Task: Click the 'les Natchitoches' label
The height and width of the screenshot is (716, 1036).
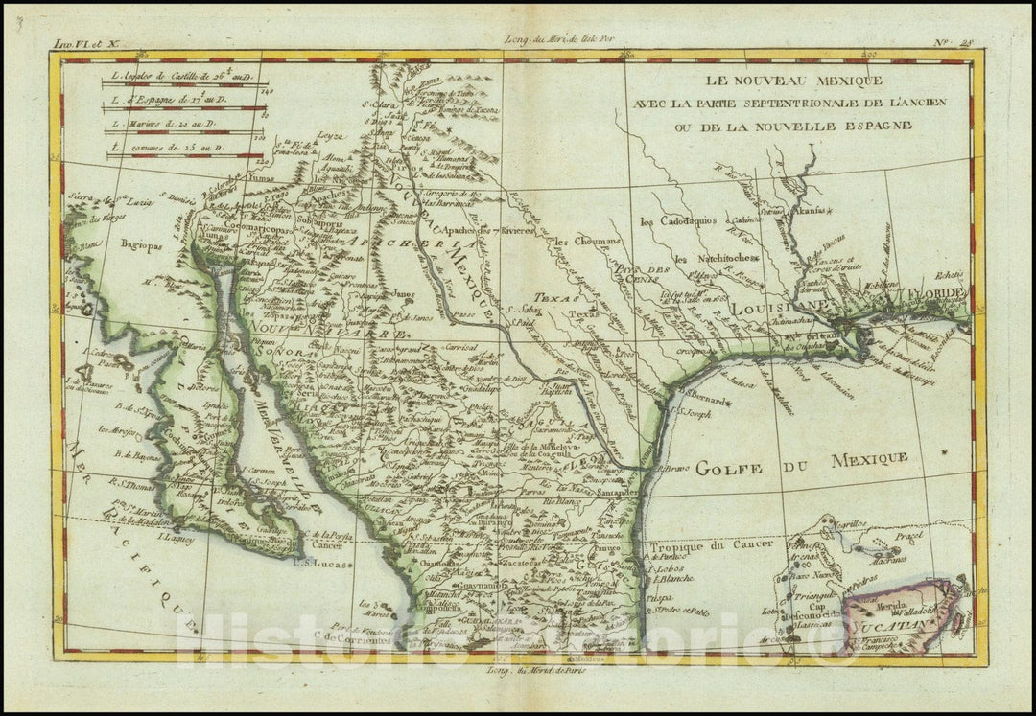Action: pyautogui.click(x=715, y=259)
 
